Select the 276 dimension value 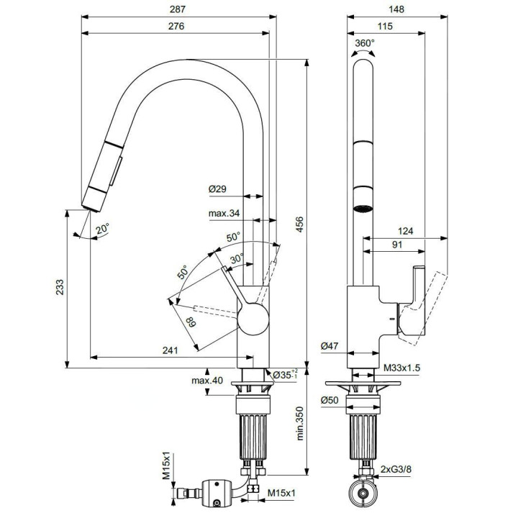coord(176,27)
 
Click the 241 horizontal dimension coord(170,350)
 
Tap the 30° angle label coord(237,259)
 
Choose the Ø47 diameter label coord(330,346)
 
